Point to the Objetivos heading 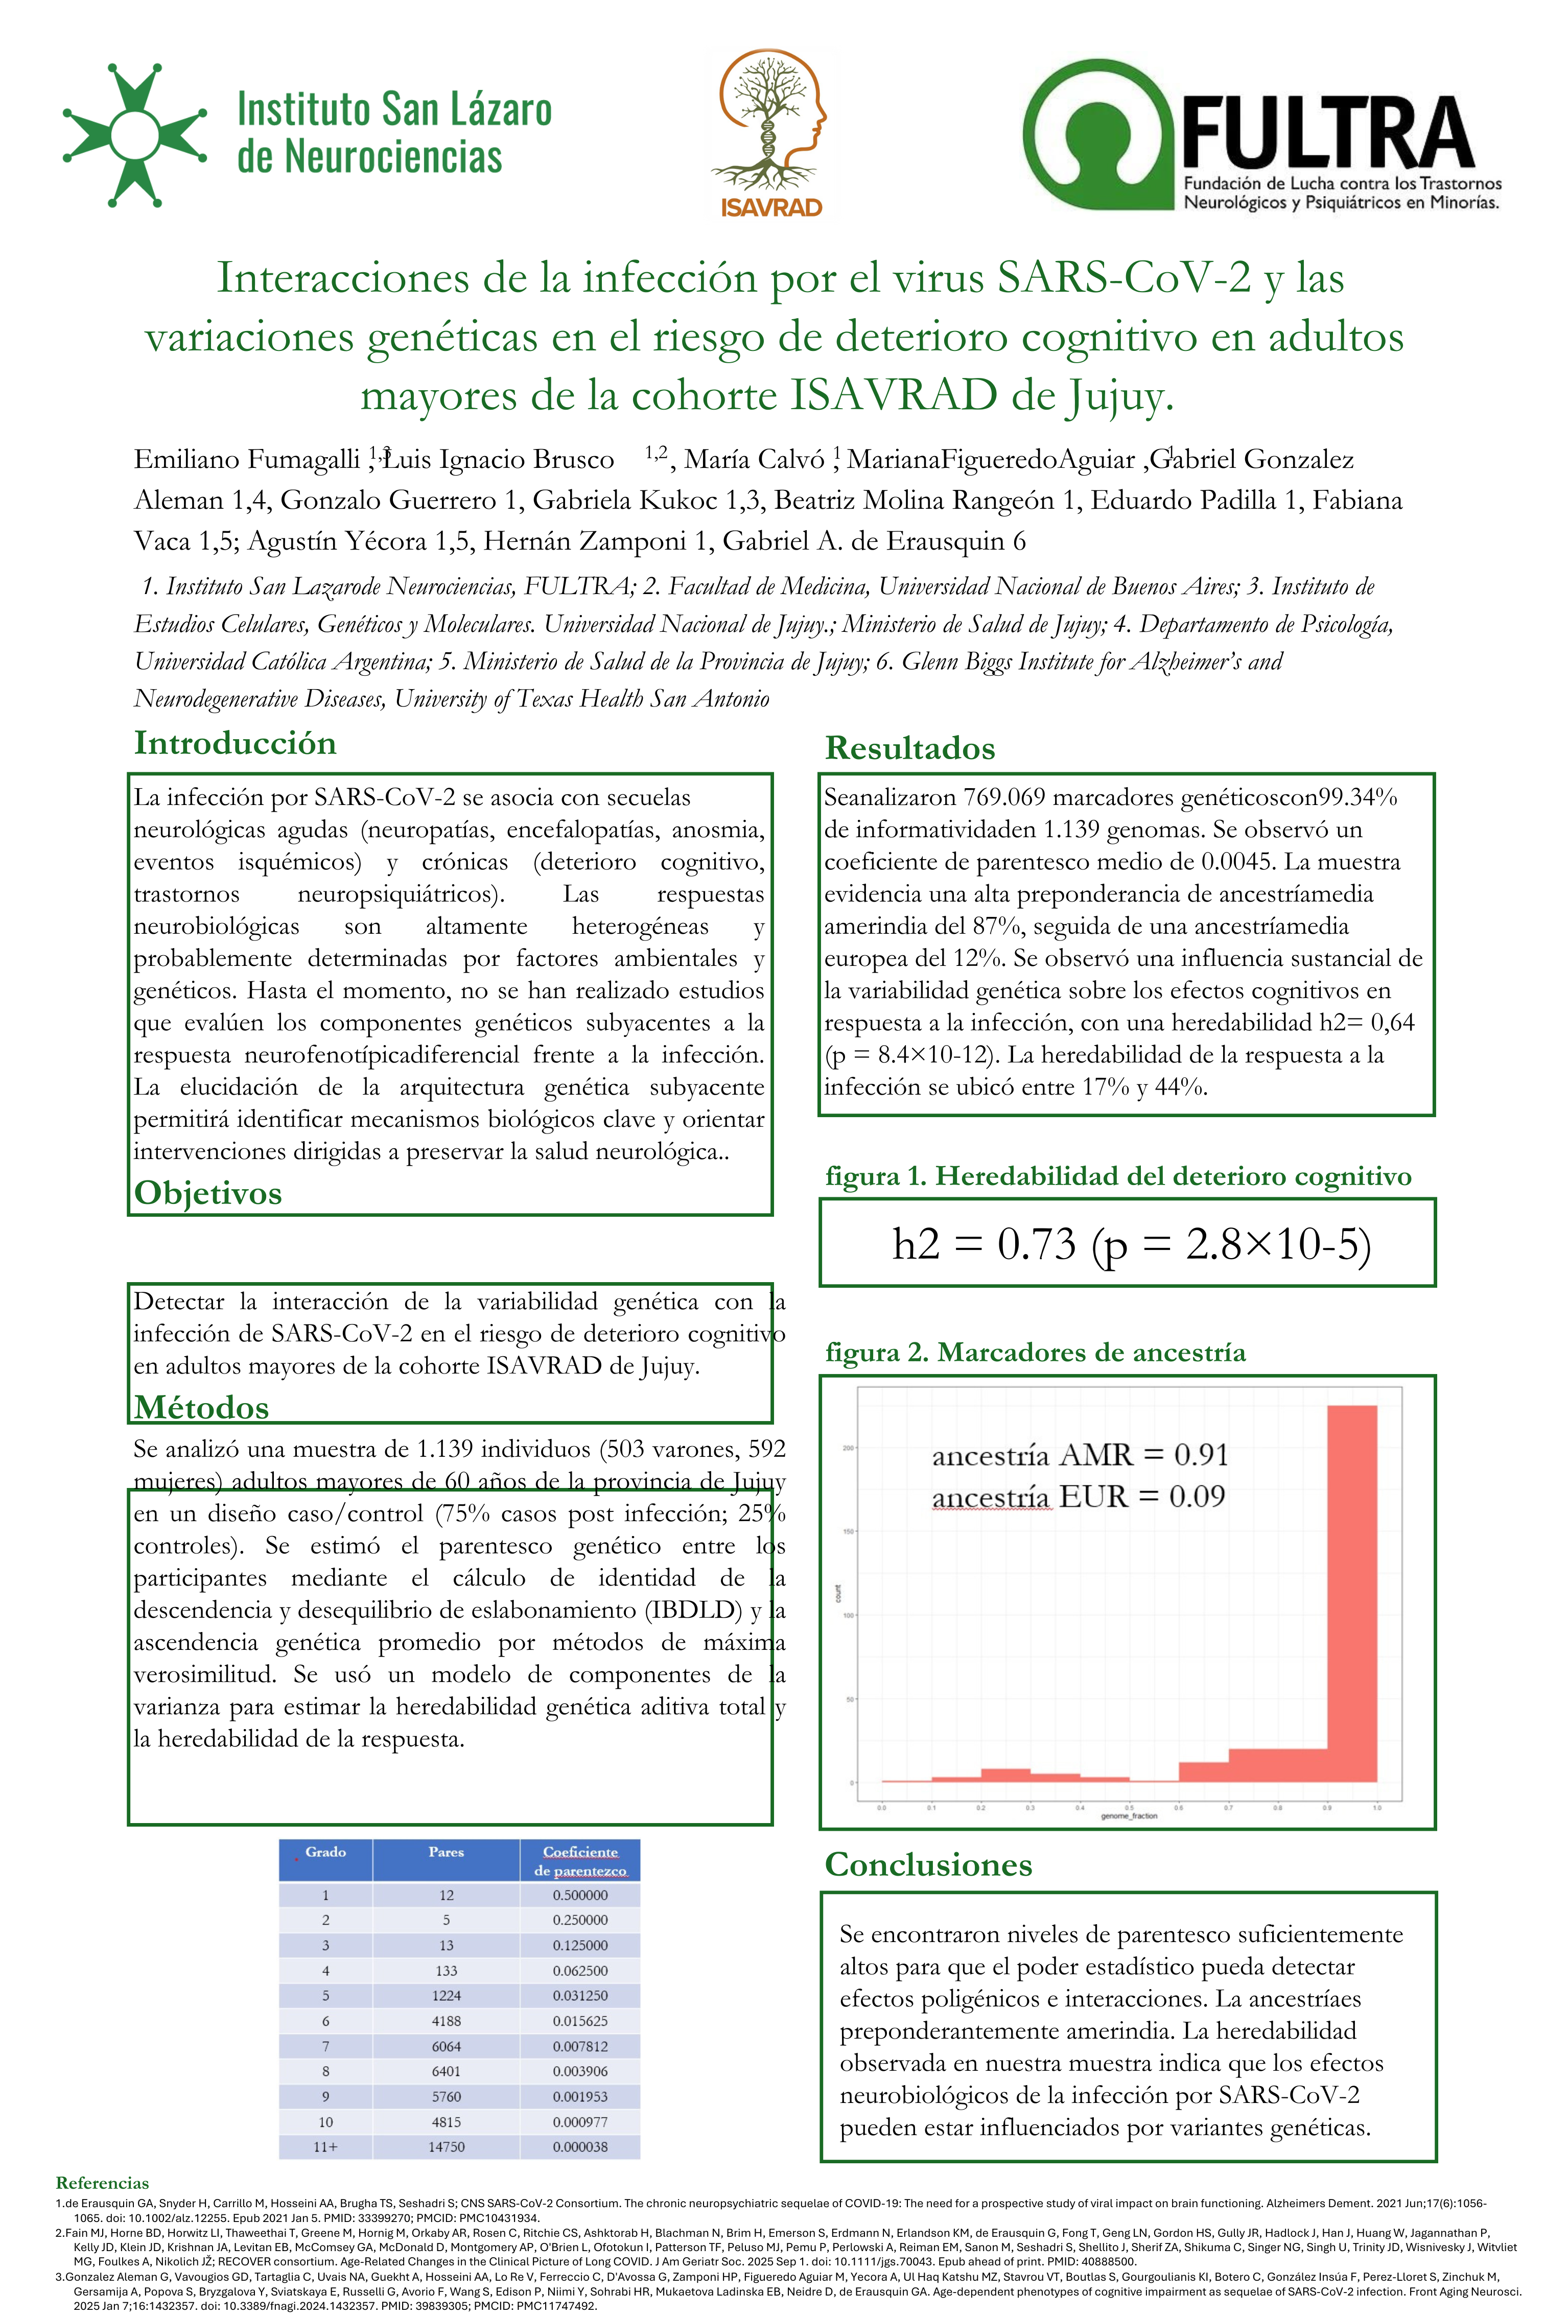(x=208, y=1193)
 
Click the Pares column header (x=447, y=1852)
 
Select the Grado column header (x=325, y=1852)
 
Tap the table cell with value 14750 (x=447, y=2146)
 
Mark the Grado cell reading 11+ (x=325, y=2146)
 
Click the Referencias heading (x=103, y=2183)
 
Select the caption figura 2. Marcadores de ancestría (x=1035, y=1353)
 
